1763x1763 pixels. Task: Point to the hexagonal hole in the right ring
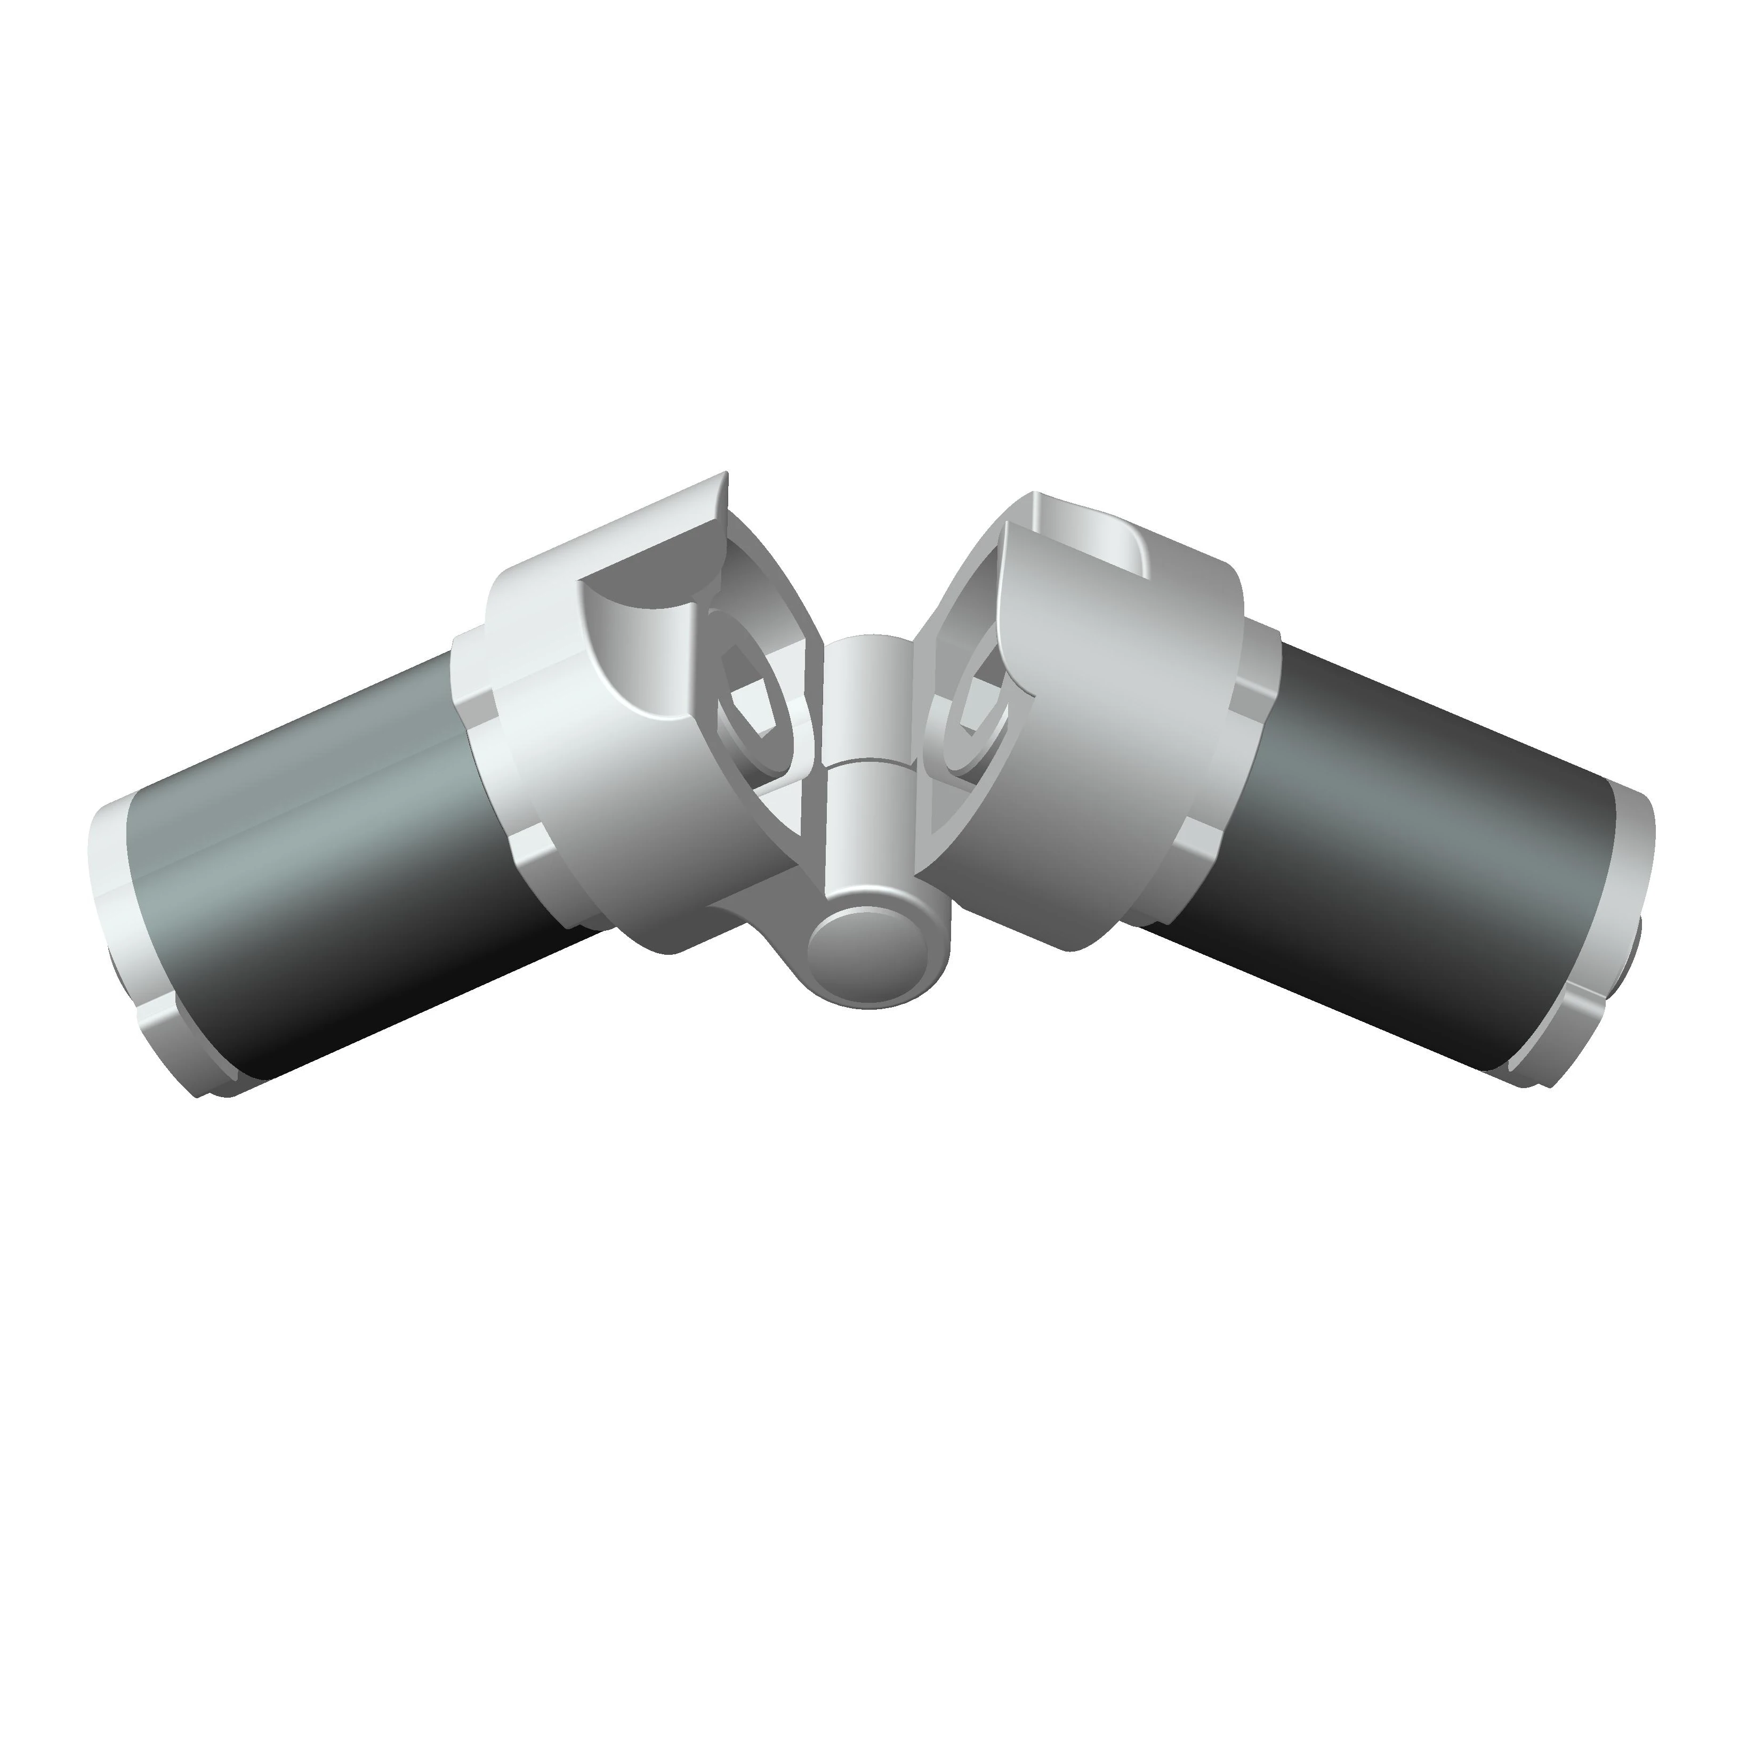986,703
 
